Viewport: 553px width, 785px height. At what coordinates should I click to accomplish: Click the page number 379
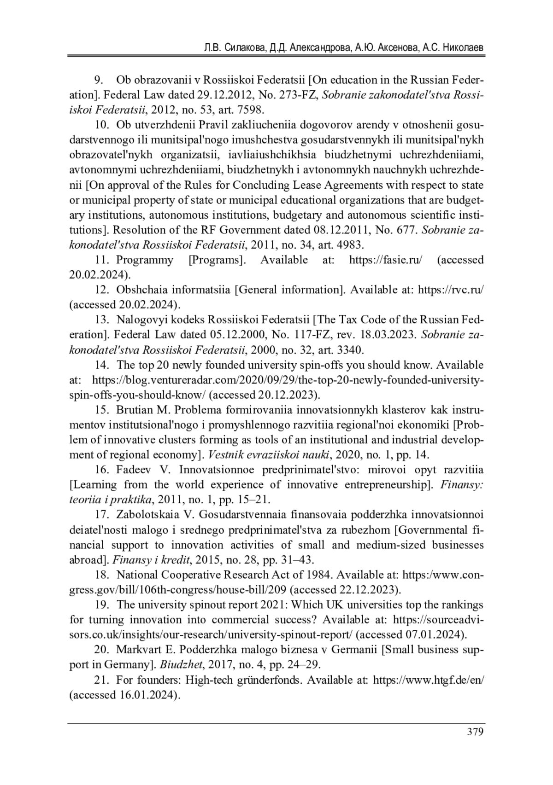click(475, 732)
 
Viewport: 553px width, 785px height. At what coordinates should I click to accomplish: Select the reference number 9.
click(98, 80)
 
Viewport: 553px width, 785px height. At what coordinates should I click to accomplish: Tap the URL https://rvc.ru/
click(450, 290)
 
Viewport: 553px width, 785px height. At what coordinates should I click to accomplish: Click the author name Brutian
click(133, 410)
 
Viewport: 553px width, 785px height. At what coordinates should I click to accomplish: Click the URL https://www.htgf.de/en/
click(428, 680)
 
